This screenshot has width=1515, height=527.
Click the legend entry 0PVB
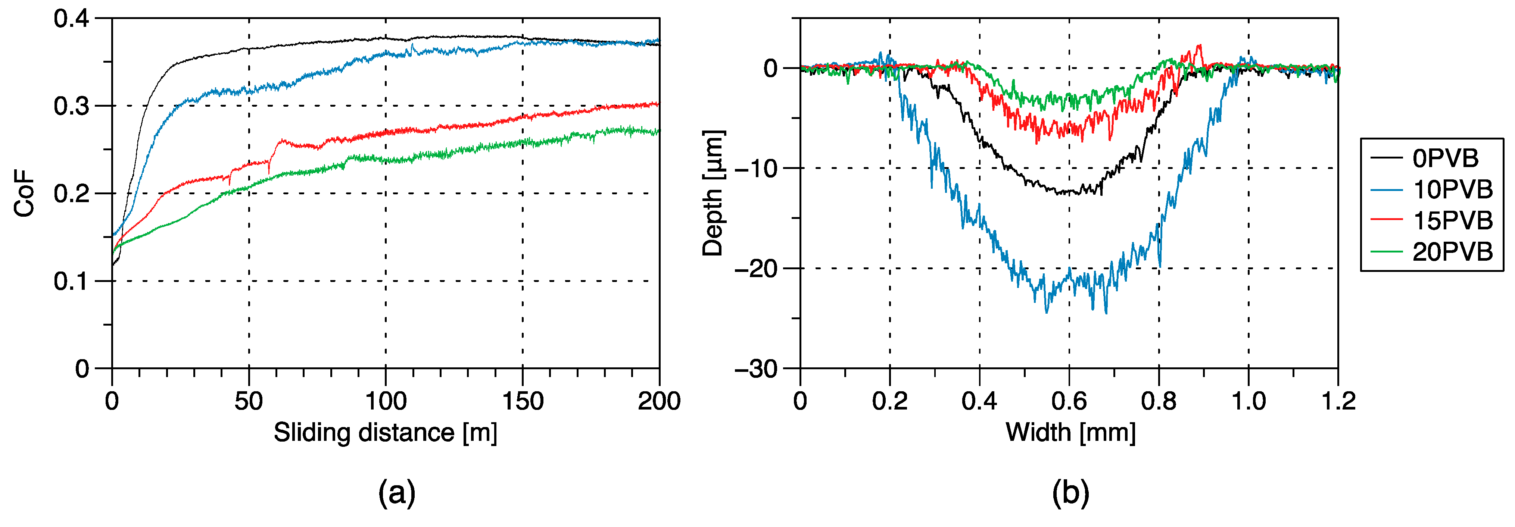(1444, 159)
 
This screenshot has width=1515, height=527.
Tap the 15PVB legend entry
(1452, 221)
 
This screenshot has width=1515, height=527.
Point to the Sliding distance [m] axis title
(385, 433)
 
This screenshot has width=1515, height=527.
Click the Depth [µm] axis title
(713, 193)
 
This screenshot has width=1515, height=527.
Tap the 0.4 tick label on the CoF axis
(71, 19)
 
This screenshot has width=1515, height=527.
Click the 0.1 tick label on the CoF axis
(71, 282)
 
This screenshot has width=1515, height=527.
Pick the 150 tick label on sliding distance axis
(522, 402)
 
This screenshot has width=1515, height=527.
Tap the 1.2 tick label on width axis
(1338, 402)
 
